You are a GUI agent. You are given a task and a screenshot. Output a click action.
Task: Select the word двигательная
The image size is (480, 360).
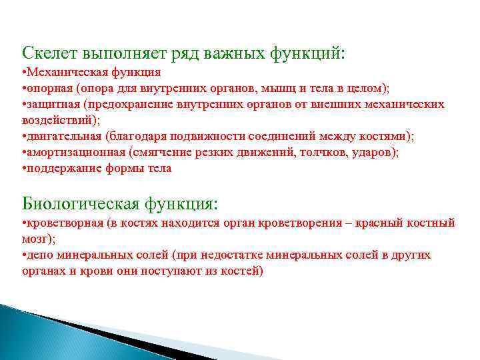[x=60, y=137]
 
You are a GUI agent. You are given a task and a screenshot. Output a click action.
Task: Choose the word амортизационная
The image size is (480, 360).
[x=69, y=153]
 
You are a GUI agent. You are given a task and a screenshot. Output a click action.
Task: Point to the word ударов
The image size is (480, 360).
[x=377, y=153]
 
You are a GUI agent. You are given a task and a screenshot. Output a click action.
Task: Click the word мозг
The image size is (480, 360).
[x=35, y=239]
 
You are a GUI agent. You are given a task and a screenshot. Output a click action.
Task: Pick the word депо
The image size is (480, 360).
[x=37, y=255]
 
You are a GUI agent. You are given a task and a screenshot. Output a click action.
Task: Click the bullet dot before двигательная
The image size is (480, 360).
[x=24, y=137]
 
